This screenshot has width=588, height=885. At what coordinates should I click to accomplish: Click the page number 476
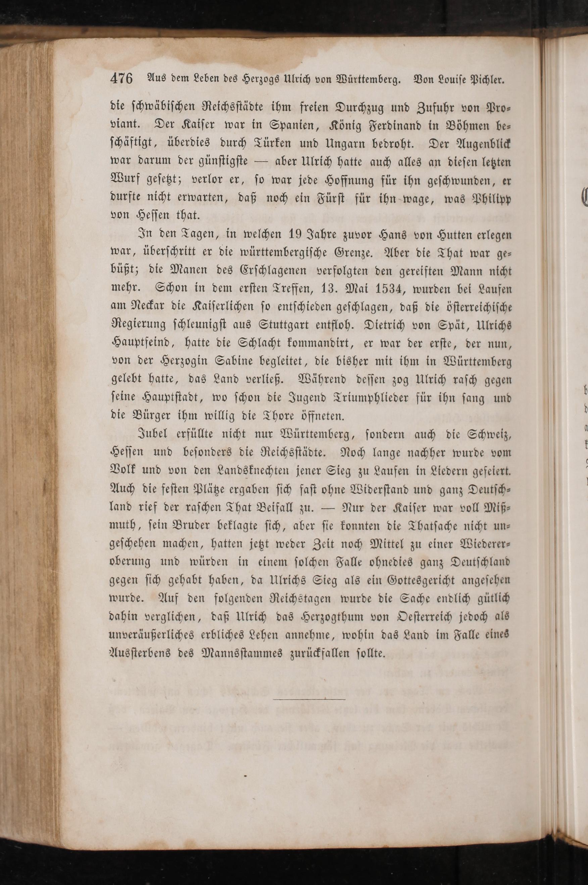pos(121,79)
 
